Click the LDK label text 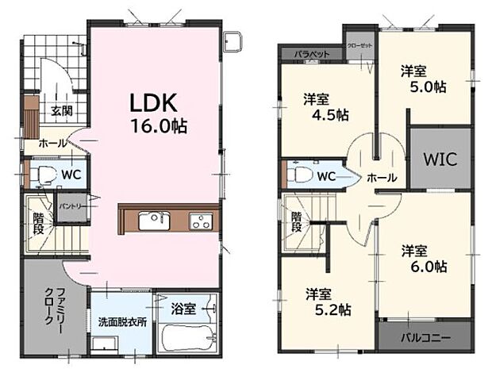[153, 103]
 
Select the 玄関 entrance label [62, 111]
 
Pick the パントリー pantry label [67, 208]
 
